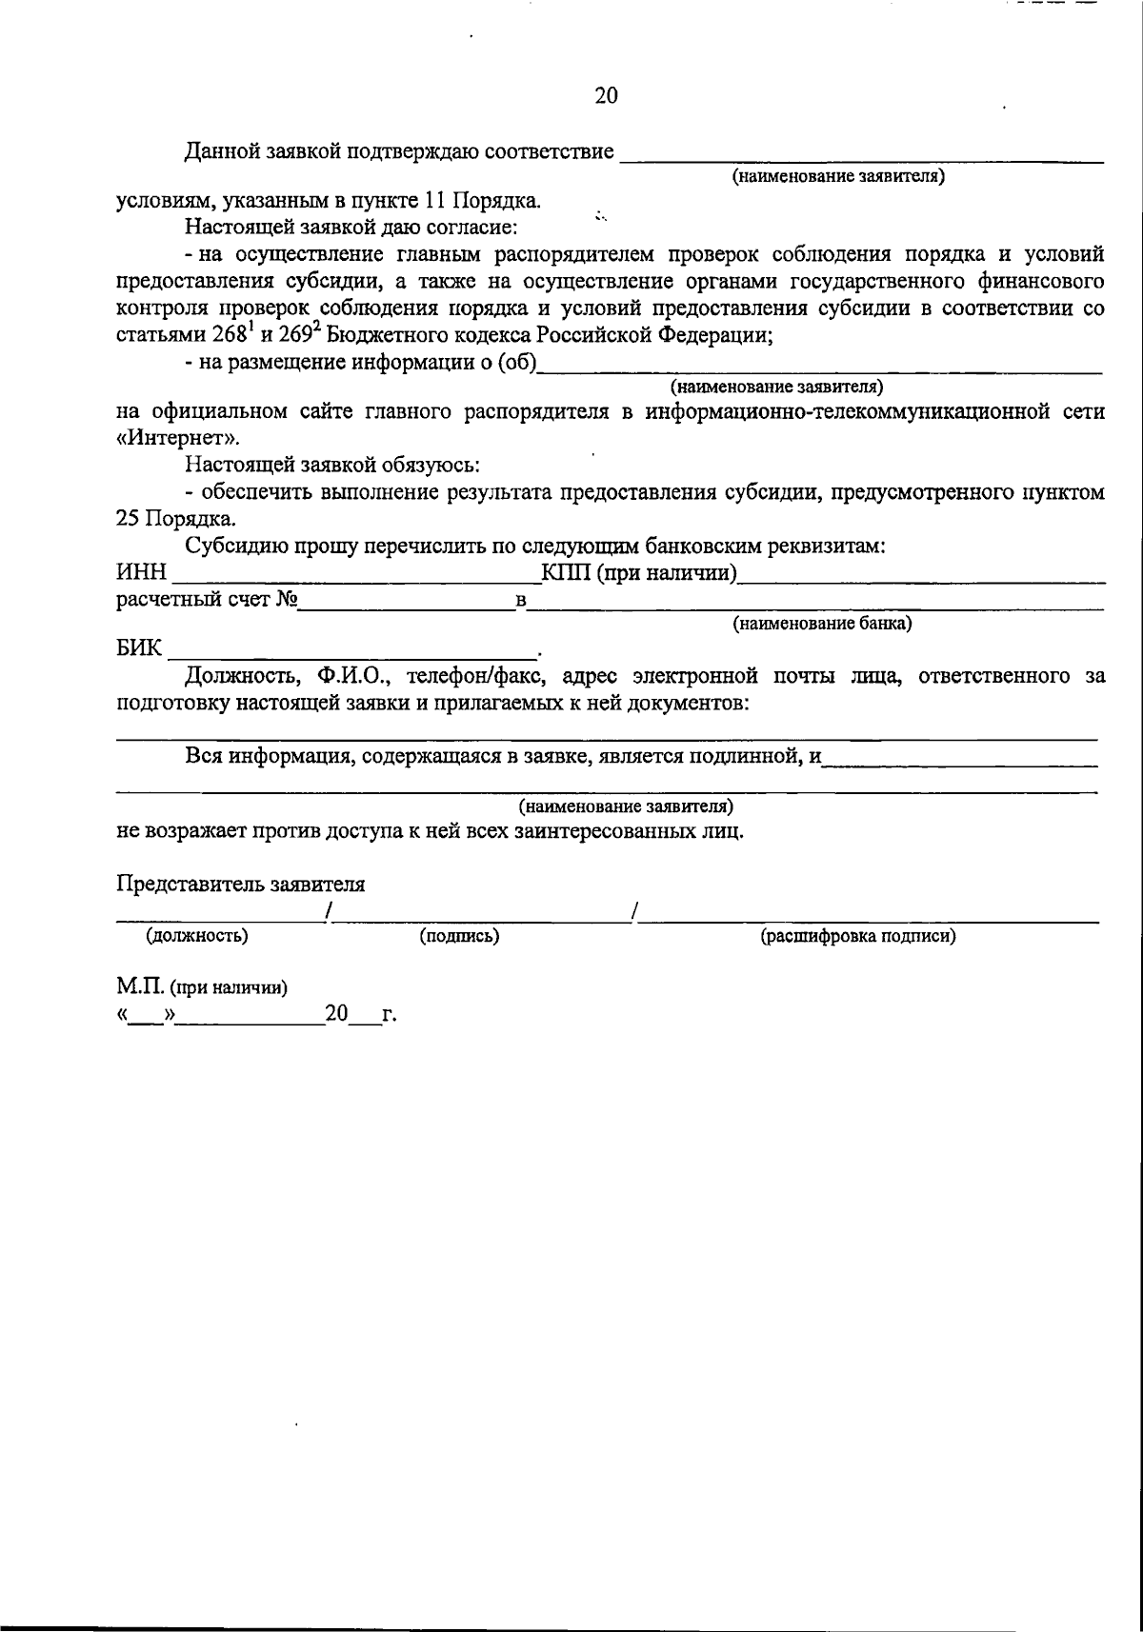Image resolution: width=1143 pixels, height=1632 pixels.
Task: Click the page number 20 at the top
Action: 606,95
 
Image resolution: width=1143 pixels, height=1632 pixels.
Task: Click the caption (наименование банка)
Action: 821,624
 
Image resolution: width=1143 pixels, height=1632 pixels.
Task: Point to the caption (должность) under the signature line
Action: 196,935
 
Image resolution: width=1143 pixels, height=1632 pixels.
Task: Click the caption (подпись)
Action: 460,936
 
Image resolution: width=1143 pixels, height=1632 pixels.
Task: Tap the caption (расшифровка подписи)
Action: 857,936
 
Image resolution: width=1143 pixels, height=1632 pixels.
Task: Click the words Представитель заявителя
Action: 240,883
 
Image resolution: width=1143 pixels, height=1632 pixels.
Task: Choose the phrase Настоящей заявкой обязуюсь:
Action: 332,466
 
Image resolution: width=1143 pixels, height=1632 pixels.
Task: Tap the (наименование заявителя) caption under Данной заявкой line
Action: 837,176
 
